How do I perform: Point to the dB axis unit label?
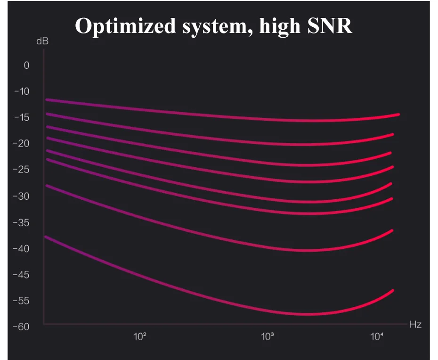tap(42, 41)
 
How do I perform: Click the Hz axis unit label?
tap(415, 325)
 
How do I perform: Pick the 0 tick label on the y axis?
tap(26, 65)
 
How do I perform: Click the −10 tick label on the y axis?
tap(22, 91)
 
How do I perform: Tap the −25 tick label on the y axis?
tap(22, 170)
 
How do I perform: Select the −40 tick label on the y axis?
tap(22, 248)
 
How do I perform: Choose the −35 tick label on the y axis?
tap(22, 222)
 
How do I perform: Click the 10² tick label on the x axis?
tap(139, 336)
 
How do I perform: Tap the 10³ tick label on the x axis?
tap(267, 336)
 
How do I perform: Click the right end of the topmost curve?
tap(398, 115)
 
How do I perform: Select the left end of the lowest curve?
tap(46, 237)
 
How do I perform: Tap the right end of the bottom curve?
tap(392, 291)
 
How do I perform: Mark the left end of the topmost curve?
tap(47, 99)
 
